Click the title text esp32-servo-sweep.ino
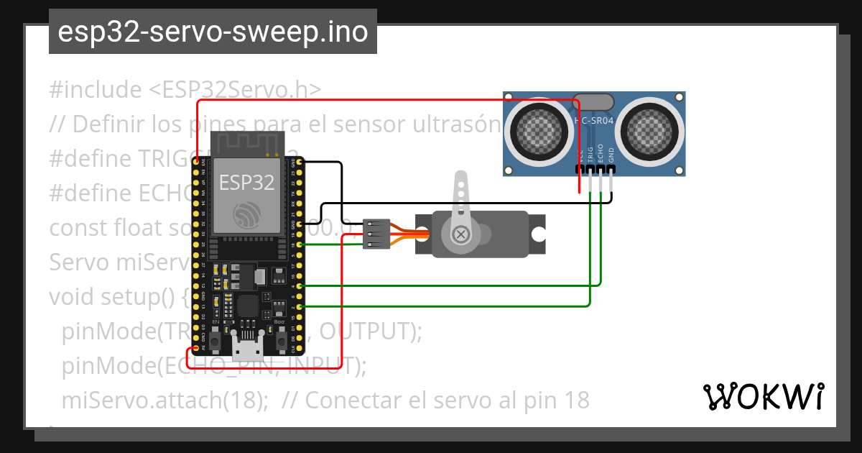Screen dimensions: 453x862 click(x=213, y=32)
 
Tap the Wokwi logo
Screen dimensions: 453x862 click(x=762, y=396)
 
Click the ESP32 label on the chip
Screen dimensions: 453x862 click(x=246, y=182)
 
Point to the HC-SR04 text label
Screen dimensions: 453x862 click(x=595, y=121)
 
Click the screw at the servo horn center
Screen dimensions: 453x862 click(x=460, y=233)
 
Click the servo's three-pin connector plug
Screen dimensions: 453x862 click(x=376, y=234)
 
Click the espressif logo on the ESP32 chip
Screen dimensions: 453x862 click(x=246, y=215)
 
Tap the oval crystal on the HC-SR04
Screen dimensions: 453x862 click(x=593, y=102)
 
